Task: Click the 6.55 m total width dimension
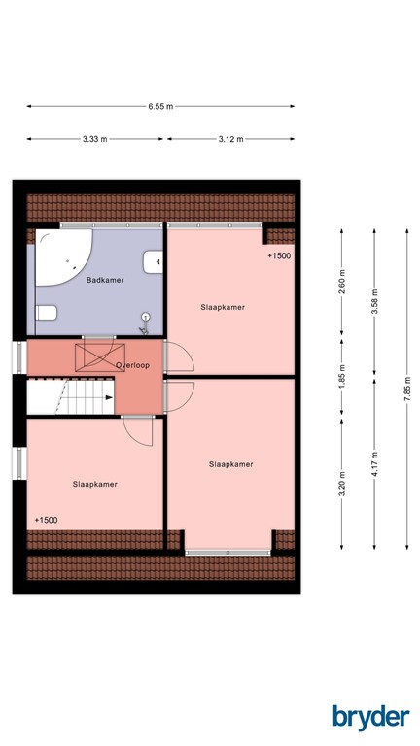[x=160, y=107]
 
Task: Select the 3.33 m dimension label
[x=95, y=139]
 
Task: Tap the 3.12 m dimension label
[x=230, y=139]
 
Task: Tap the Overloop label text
[x=131, y=365]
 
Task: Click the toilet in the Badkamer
[x=46, y=313]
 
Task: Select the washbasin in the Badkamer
[x=152, y=261]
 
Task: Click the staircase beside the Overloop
[x=70, y=394]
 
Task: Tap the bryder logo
[x=370, y=716]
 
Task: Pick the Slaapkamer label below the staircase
[x=94, y=483]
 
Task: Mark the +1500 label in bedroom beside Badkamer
[x=279, y=256]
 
